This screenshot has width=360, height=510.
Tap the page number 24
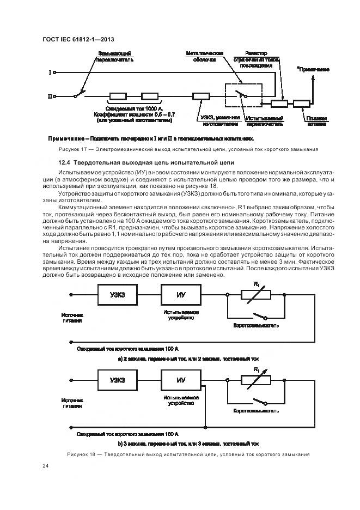(x=45, y=466)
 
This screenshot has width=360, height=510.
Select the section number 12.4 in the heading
(x=64, y=162)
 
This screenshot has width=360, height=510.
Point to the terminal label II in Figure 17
(x=50, y=96)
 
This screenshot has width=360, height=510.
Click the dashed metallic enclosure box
(x=244, y=96)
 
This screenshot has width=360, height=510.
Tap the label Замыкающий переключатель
(x=114, y=56)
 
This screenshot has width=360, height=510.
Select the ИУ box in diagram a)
(x=181, y=295)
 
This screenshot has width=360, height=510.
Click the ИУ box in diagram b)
(x=181, y=380)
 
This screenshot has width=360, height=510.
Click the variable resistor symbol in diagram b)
(x=257, y=380)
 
